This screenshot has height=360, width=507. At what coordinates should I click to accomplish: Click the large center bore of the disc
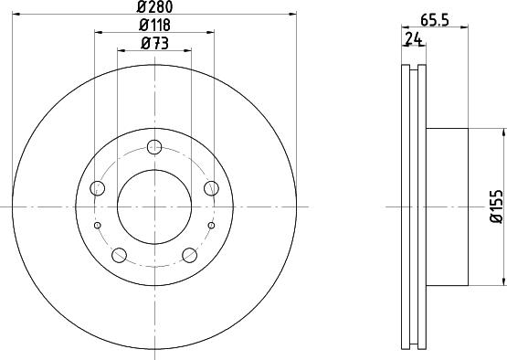point(154,206)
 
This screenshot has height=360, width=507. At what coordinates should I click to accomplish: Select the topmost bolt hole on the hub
point(154,147)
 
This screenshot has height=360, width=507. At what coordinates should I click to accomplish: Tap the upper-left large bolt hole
point(98,188)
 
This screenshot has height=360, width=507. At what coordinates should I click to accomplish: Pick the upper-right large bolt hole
point(211,188)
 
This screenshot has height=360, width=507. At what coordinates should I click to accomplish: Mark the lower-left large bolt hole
point(120,255)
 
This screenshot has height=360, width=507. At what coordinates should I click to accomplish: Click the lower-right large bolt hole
point(189,255)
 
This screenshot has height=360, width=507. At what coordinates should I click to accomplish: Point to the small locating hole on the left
point(98,224)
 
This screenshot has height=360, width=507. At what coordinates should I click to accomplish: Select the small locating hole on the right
point(211,224)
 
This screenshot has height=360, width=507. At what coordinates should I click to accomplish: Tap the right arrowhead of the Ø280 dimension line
point(294,14)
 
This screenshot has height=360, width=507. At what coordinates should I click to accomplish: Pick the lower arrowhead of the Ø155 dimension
point(502,282)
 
